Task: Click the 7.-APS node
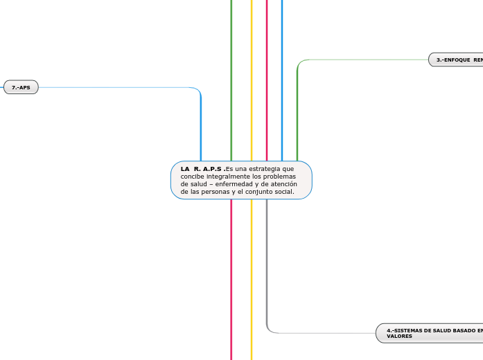coord(21,87)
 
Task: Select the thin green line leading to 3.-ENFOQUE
coord(367,60)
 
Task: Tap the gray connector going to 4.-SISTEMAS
coord(326,333)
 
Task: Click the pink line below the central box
coord(231,277)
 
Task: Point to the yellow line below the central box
coord(252,277)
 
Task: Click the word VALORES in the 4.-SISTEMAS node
coord(400,336)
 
